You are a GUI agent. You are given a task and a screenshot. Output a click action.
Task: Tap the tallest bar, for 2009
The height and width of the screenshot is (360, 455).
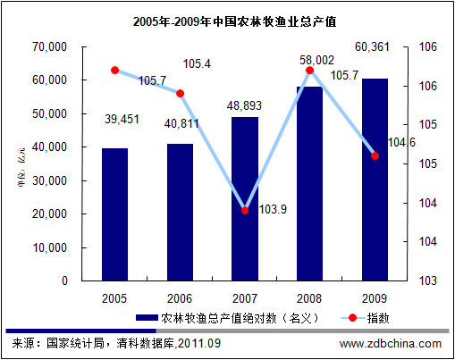375,179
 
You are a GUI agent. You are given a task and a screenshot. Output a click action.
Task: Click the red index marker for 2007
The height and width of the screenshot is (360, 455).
245,210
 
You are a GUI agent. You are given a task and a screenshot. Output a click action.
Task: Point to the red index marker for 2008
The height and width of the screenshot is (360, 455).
310,70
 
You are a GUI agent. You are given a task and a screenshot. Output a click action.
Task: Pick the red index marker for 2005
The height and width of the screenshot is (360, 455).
114,70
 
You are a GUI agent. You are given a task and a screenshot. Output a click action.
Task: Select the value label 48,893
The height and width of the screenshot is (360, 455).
245,104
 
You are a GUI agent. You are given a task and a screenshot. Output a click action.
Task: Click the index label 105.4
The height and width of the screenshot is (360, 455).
197,64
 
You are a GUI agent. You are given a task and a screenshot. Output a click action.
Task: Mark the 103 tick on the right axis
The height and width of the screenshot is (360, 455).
417,280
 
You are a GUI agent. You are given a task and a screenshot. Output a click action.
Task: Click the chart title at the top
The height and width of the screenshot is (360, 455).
227,19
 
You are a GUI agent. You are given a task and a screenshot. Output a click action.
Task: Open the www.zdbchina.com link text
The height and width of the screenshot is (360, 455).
390,343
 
